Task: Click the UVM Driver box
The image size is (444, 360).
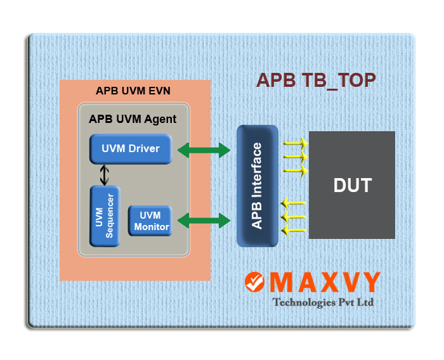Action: (x=131, y=149)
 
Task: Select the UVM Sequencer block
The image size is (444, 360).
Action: (x=105, y=216)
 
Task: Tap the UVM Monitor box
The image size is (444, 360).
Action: (x=150, y=221)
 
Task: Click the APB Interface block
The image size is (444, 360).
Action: (x=258, y=186)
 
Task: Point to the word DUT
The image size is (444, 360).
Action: (x=352, y=185)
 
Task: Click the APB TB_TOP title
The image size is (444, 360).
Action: (x=316, y=80)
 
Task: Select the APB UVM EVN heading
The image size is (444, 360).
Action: (x=133, y=91)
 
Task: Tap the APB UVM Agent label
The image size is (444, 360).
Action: (x=133, y=119)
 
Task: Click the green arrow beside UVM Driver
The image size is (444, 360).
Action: (x=204, y=150)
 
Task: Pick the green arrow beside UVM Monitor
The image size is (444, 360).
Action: (x=204, y=221)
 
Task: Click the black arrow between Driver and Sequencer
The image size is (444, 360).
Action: (x=105, y=175)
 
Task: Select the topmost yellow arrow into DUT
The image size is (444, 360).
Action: (x=296, y=143)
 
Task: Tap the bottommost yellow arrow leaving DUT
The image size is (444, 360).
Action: (x=293, y=231)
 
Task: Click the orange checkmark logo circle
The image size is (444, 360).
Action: (x=254, y=282)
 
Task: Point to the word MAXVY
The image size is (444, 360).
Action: (x=325, y=282)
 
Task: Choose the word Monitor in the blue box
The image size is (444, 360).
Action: (x=152, y=227)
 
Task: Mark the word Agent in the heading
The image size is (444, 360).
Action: (x=160, y=119)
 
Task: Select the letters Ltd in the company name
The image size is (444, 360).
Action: (x=365, y=302)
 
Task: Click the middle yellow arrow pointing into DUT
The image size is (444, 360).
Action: (x=296, y=157)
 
